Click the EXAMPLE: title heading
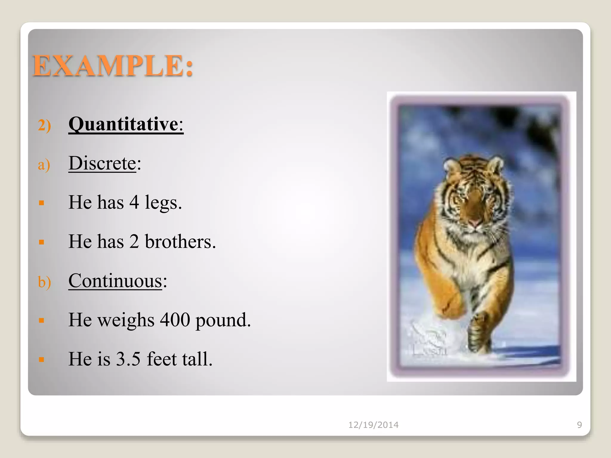tap(113, 66)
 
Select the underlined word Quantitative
tap(123, 124)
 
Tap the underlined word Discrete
tap(102, 163)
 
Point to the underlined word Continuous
tap(115, 281)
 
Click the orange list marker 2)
tap(44, 125)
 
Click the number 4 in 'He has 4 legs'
tap(134, 202)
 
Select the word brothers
tap(180, 242)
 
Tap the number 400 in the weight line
tap(175, 320)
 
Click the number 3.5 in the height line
tap(128, 359)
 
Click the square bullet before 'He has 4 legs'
tap(41, 203)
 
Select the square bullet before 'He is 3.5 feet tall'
tap(41, 360)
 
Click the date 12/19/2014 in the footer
tap(373, 425)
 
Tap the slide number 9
tap(579, 425)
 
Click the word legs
tap(163, 203)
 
